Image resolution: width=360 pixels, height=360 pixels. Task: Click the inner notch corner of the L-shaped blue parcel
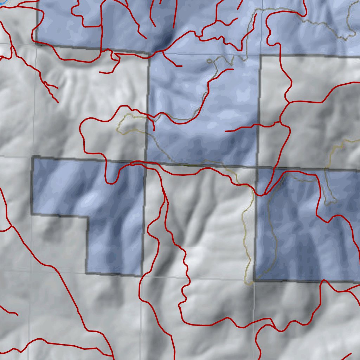coord(88,217)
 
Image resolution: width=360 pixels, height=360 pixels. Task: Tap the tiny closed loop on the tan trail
coord(210,61)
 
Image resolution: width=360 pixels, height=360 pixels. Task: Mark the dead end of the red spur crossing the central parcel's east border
coord(226,131)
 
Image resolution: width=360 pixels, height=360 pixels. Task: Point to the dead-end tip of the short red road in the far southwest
coord(17,314)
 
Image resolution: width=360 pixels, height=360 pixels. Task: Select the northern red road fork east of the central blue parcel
coord(289,102)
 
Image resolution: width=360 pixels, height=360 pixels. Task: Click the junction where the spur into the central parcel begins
coord(280,122)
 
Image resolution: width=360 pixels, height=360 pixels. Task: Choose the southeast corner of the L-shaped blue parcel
coord(141,275)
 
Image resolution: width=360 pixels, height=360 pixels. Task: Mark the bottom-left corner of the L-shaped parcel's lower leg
coord(86,273)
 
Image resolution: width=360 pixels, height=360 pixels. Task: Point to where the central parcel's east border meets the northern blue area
coord(260,56)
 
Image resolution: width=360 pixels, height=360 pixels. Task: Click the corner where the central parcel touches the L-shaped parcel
coord(145,162)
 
